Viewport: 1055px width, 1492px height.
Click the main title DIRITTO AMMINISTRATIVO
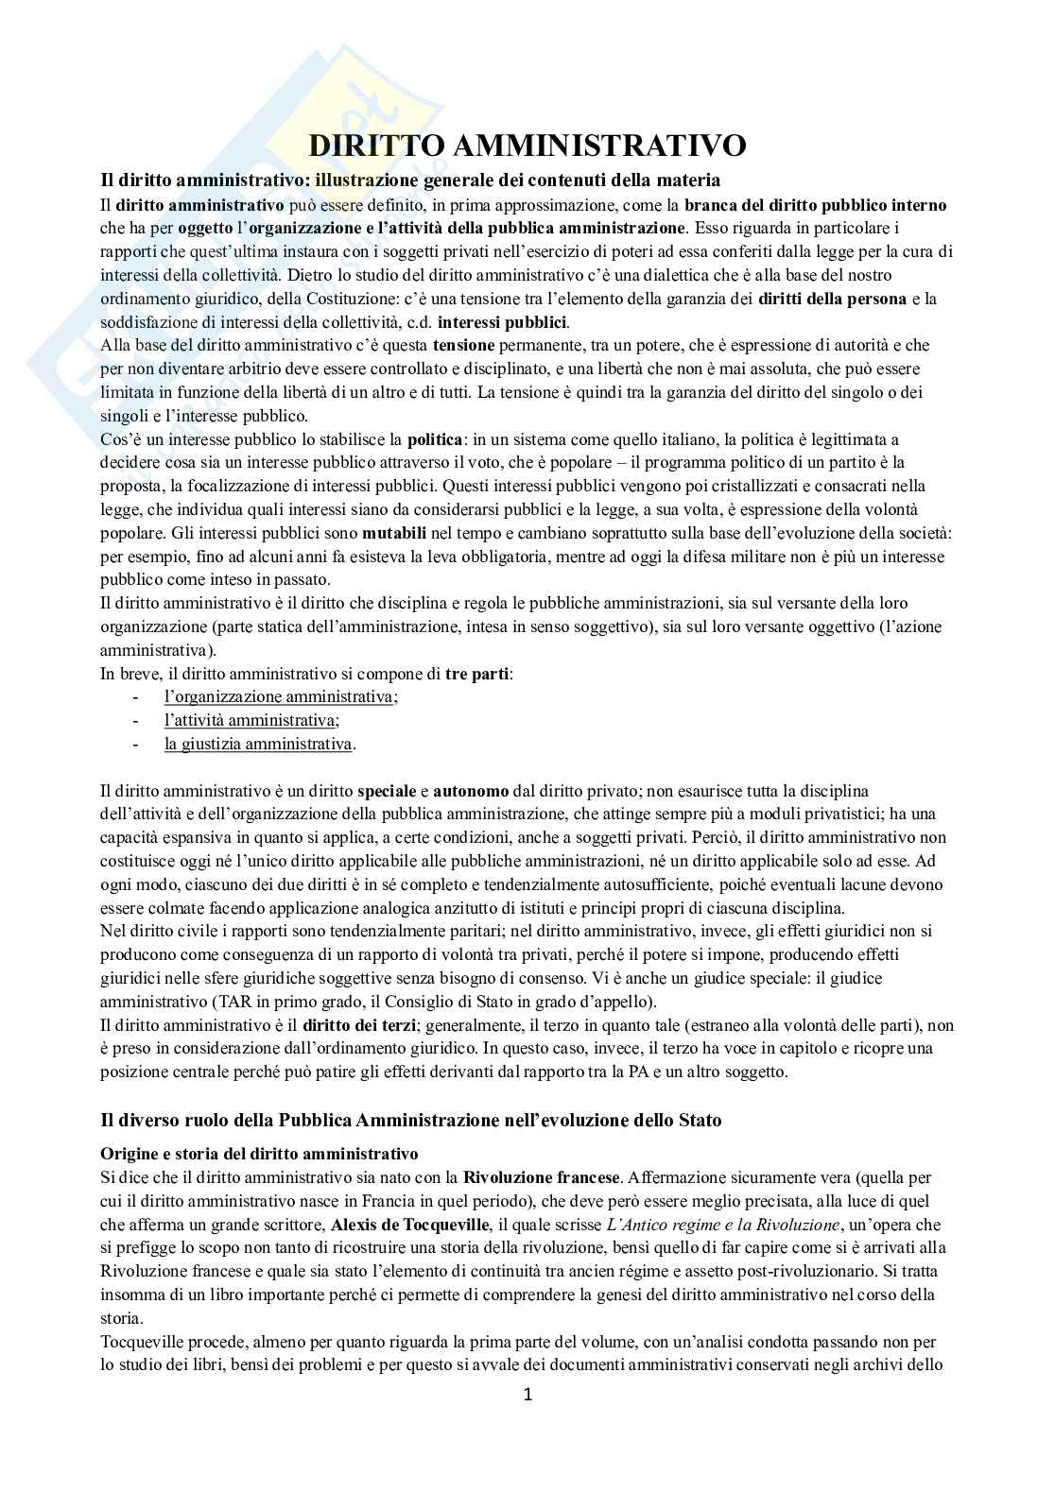tap(528, 146)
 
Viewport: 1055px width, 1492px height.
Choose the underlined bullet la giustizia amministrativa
tap(258, 744)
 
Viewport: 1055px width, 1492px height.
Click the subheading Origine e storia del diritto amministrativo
tap(259, 1154)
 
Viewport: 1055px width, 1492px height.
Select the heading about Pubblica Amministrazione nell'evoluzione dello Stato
tap(411, 1120)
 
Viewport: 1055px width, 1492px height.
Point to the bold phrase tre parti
tap(477, 674)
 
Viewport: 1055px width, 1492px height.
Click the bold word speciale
tap(388, 790)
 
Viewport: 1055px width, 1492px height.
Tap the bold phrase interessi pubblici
tap(502, 321)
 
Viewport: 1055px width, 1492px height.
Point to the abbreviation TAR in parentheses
tap(232, 1002)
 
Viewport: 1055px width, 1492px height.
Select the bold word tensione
tap(463, 345)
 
